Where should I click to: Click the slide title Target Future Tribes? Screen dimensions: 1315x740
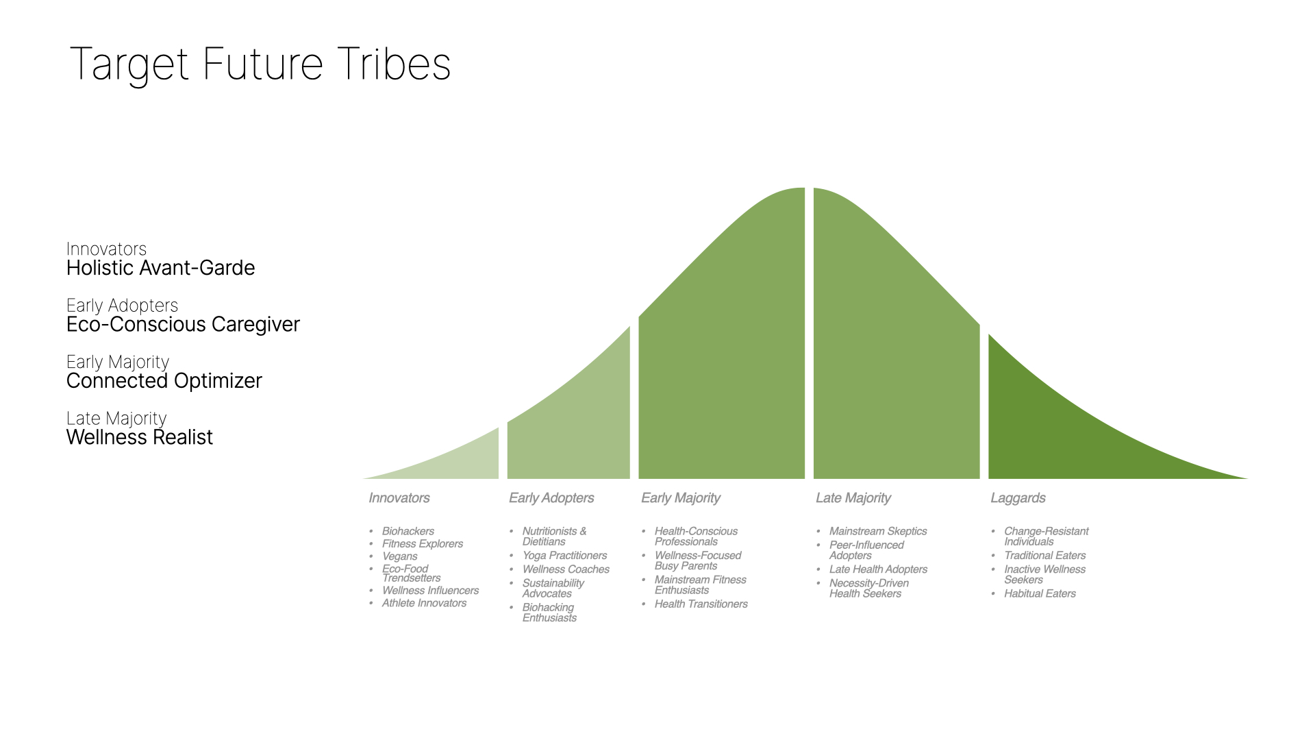260,65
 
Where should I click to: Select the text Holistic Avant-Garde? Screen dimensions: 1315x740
160,268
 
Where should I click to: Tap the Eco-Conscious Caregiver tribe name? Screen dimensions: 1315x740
183,325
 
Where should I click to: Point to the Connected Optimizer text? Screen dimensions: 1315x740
164,381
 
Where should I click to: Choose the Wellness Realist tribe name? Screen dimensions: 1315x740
140,437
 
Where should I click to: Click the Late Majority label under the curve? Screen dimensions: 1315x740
853,498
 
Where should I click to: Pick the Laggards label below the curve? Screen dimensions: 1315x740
1018,498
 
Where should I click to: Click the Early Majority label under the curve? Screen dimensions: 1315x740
681,498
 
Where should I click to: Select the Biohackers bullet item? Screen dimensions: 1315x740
408,531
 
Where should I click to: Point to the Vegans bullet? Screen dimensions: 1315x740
399,556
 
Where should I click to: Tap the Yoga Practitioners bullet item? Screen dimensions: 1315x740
564,556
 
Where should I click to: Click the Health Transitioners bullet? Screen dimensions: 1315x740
701,604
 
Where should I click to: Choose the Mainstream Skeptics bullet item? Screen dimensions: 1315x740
878,531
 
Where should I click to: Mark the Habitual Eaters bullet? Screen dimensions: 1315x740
1040,593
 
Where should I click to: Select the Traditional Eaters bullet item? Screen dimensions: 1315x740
1044,556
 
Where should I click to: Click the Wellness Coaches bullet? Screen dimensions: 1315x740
566,569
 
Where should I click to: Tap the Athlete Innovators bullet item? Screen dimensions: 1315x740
424,603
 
